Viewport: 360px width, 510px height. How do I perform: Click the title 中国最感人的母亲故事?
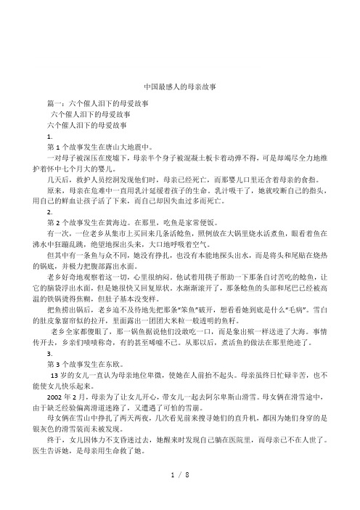pyautogui.click(x=180, y=84)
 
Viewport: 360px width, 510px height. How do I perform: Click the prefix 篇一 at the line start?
pyautogui.click(x=52, y=105)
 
